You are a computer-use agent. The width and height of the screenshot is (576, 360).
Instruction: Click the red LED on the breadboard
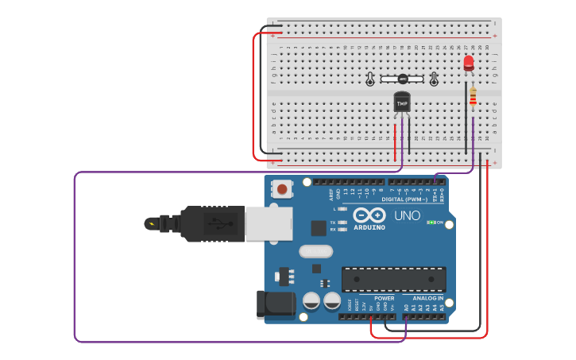click(469, 62)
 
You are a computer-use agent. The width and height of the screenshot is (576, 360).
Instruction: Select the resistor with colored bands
click(473, 96)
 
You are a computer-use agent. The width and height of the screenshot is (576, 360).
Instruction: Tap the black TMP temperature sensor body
click(402, 103)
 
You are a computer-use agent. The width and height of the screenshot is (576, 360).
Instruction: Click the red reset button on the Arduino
click(281, 189)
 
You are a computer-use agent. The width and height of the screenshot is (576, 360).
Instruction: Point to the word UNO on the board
click(407, 215)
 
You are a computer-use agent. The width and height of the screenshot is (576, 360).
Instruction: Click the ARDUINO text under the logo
click(369, 227)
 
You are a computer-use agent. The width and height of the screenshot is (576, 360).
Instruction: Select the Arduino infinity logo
click(369, 215)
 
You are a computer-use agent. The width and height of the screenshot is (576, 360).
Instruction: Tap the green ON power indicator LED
click(431, 223)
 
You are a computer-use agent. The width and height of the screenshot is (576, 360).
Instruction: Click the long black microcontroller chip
click(393, 279)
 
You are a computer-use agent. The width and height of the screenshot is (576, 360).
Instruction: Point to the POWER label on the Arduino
click(384, 298)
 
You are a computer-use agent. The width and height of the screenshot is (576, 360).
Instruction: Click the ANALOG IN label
click(427, 298)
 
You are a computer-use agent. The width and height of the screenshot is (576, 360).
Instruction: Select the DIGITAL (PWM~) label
click(404, 199)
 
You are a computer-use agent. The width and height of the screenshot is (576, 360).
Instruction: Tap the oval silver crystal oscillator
click(316, 252)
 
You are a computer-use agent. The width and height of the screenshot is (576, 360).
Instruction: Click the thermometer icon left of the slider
click(370, 79)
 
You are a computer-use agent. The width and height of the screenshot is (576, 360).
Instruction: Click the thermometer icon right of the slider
click(434, 79)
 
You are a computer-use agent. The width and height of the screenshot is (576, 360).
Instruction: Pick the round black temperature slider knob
click(403, 79)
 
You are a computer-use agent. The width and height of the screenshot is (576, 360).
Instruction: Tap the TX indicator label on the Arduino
click(333, 223)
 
